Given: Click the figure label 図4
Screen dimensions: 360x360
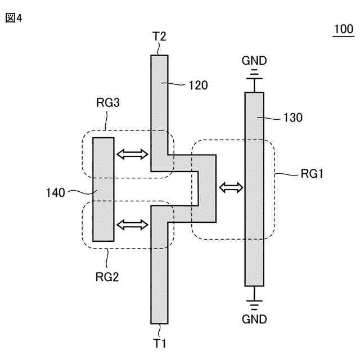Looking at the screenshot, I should click(13, 18).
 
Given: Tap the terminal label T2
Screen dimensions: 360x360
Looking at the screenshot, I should click(159, 37).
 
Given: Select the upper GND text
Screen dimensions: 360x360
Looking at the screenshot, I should click(254, 60).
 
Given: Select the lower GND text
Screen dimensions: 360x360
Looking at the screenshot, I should click(254, 319).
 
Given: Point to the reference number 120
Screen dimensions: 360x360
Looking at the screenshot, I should click(199, 85).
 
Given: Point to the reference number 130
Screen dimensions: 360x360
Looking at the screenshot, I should click(293, 118).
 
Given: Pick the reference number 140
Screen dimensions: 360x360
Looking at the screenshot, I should click(57, 193).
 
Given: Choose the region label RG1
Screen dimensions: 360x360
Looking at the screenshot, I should click(312, 174).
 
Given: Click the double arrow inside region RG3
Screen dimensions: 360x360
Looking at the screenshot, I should click(132, 153).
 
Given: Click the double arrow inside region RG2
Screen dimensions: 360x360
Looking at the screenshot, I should click(132, 224).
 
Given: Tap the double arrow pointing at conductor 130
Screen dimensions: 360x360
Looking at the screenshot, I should click(232, 188).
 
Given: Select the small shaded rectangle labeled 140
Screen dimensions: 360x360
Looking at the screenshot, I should click(103, 189).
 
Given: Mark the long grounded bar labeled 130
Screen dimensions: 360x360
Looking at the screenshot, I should click(254, 225).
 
